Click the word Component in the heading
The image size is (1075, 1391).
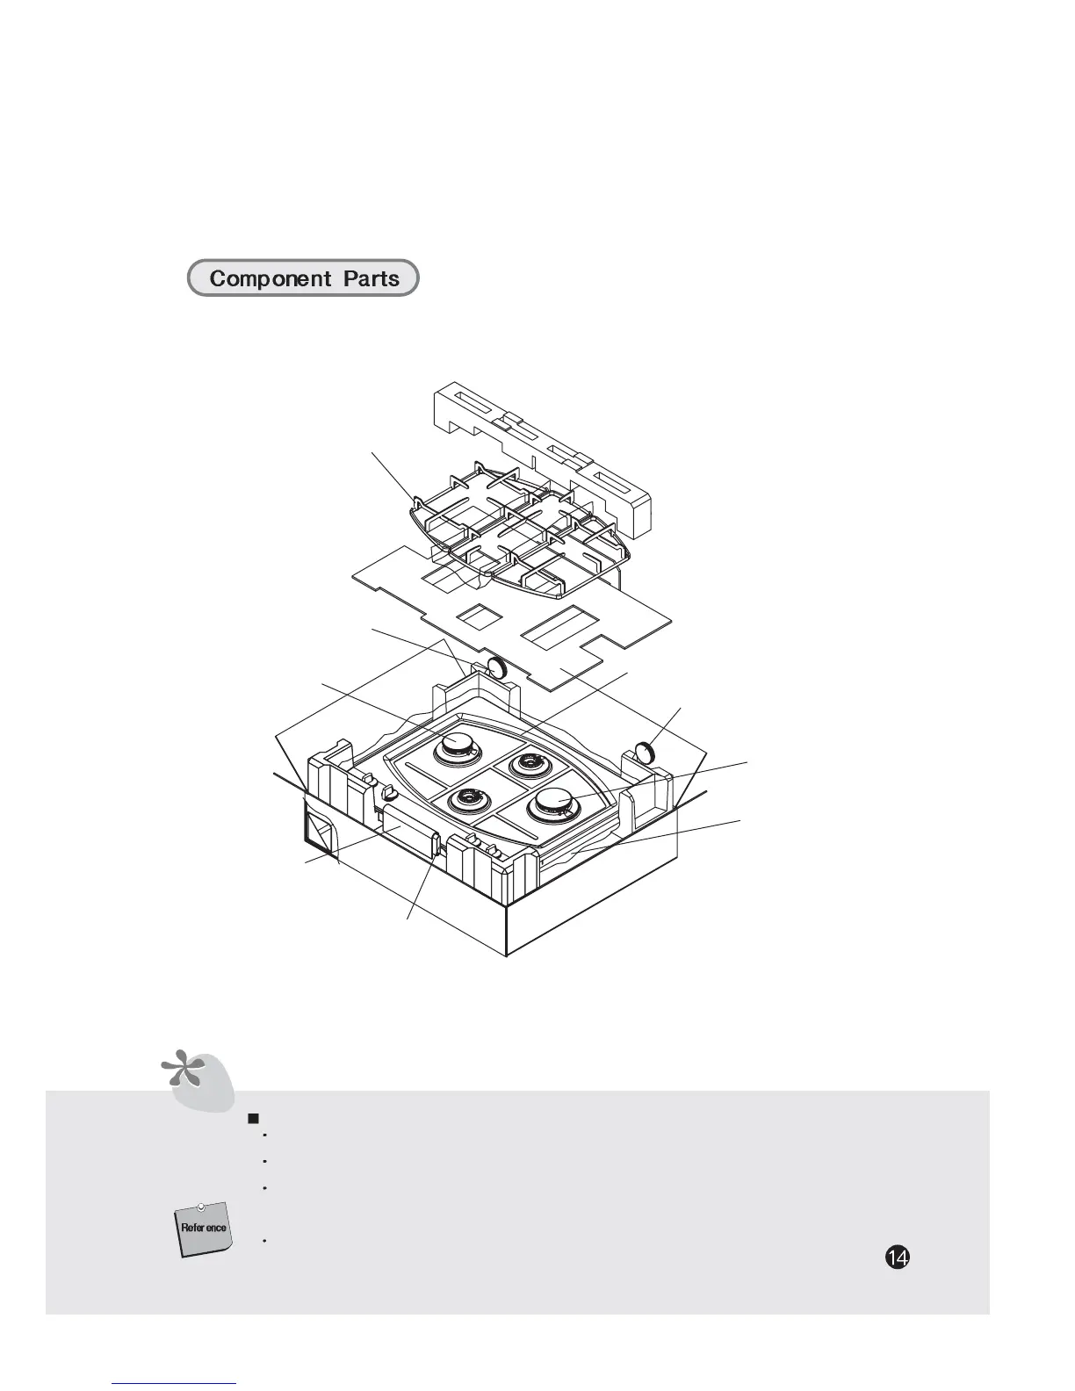pos(271,279)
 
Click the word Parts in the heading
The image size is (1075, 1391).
pos(372,279)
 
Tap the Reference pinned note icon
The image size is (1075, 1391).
pos(203,1228)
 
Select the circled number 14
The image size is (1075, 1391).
pos(896,1258)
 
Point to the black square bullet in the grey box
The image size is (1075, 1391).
pos(253,1118)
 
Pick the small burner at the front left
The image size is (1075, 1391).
pos(471,799)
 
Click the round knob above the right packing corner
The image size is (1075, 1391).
pos(646,752)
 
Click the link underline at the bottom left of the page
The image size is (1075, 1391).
pos(175,1383)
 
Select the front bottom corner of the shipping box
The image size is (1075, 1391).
pos(507,955)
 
